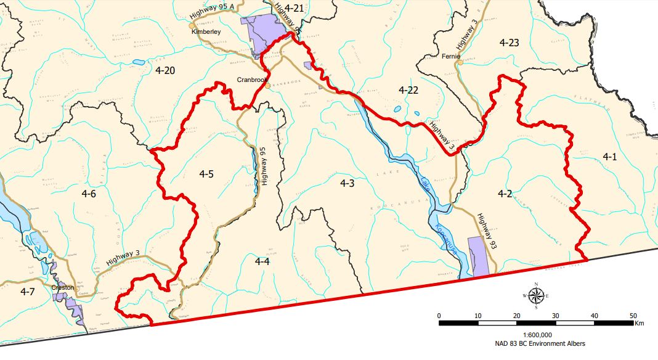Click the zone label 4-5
click(206, 174)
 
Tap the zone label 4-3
click(347, 182)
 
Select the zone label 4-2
click(505, 194)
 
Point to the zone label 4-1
click(609, 157)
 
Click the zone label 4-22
click(408, 90)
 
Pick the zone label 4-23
click(510, 43)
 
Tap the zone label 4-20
click(165, 71)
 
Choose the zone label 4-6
click(89, 194)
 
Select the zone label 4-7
click(27, 290)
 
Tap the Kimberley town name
click(206, 31)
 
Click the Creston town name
click(63, 287)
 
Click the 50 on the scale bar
click(633, 315)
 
